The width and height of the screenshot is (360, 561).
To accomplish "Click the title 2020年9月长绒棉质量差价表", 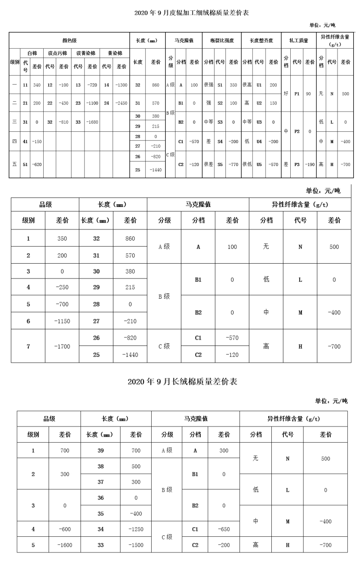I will pyautogui.click(x=182, y=382).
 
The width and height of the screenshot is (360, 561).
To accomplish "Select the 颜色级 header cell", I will pyautogui.click(x=69, y=40).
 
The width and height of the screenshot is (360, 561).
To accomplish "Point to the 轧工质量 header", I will pyautogui.click(x=299, y=40).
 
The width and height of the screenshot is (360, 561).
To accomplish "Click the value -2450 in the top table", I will pyautogui.click(x=121, y=103).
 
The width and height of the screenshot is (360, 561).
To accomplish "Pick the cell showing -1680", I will pyautogui.click(x=93, y=121).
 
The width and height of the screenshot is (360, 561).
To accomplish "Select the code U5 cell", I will pyautogui.click(x=259, y=165).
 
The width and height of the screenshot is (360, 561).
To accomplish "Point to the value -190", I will pyautogui.click(x=310, y=165).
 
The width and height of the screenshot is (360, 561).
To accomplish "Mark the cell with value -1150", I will pyautogui.click(x=62, y=321).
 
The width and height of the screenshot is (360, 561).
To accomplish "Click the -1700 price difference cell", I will pyautogui.click(x=62, y=346).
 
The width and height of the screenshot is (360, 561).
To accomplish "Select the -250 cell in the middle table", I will pyautogui.click(x=62, y=287).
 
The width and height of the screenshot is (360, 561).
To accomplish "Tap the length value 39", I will pyautogui.click(x=100, y=450).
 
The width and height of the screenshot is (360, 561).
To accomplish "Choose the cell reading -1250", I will pyautogui.click(x=136, y=529).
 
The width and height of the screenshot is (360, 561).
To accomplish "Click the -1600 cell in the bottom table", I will pyautogui.click(x=65, y=545).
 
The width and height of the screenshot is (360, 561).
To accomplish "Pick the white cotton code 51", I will pyautogui.click(x=25, y=165).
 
